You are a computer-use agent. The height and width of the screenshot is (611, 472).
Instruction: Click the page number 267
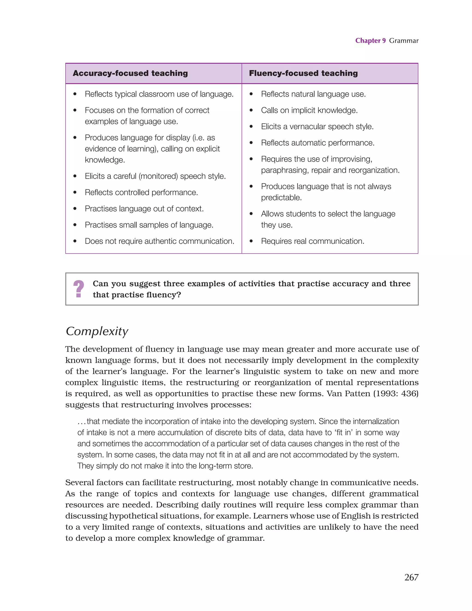(x=411, y=577)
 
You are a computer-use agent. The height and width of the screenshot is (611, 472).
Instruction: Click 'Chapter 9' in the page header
(x=370, y=41)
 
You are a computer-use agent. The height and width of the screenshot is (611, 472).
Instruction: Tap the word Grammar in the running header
(x=404, y=41)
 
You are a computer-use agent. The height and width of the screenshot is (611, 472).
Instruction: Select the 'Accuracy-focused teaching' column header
(x=130, y=73)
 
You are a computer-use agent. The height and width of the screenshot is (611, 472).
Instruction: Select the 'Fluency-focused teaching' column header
(x=303, y=73)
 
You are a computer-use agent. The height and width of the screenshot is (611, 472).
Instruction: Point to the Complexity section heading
(x=97, y=331)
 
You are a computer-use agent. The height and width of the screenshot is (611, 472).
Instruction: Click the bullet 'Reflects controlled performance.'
(x=141, y=193)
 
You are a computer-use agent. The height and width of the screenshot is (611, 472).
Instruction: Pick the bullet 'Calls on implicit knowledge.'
(x=309, y=110)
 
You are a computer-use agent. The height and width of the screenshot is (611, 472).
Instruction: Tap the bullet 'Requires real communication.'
(x=313, y=241)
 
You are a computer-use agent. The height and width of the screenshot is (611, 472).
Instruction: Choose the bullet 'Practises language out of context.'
(x=144, y=209)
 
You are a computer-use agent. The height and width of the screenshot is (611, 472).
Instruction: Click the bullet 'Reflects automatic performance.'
(x=318, y=143)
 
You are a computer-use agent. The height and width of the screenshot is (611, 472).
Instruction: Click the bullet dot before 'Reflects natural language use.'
(x=251, y=94)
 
